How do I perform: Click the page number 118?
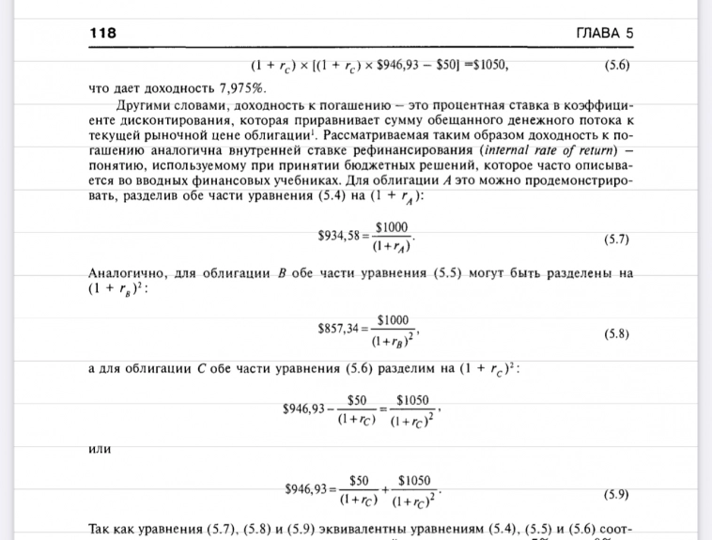[103, 33]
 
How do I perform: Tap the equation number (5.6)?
[616, 67]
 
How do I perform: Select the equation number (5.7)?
[616, 239]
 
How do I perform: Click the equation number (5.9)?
[616, 494]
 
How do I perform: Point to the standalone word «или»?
[99, 448]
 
